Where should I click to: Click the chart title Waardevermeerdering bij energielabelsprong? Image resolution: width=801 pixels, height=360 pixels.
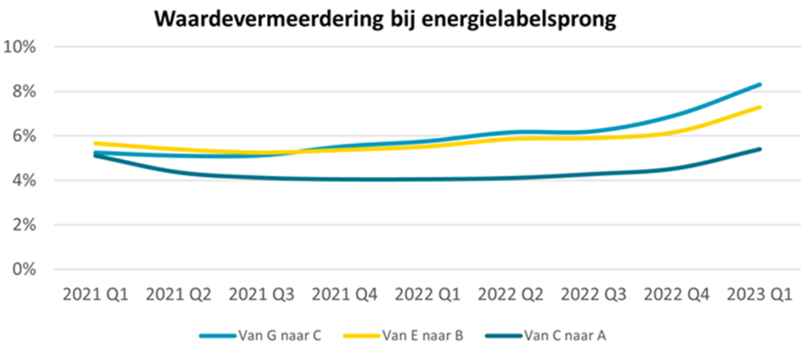[x=386, y=19]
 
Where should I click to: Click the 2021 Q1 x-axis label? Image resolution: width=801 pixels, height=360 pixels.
[x=95, y=295]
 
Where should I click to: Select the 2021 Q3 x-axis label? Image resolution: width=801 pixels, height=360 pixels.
[x=261, y=295]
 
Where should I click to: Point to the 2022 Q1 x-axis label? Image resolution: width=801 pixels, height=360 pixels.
[x=427, y=295]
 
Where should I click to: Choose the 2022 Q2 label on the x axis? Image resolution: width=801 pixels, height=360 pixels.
[x=510, y=295]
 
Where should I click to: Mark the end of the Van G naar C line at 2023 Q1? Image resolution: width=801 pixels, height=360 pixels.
[x=760, y=85]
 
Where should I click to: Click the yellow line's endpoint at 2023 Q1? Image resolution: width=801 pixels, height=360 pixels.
[x=760, y=107]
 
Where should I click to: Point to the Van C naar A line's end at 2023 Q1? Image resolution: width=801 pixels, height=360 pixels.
[x=760, y=149]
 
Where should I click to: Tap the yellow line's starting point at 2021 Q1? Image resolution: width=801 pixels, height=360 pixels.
[x=95, y=143]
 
